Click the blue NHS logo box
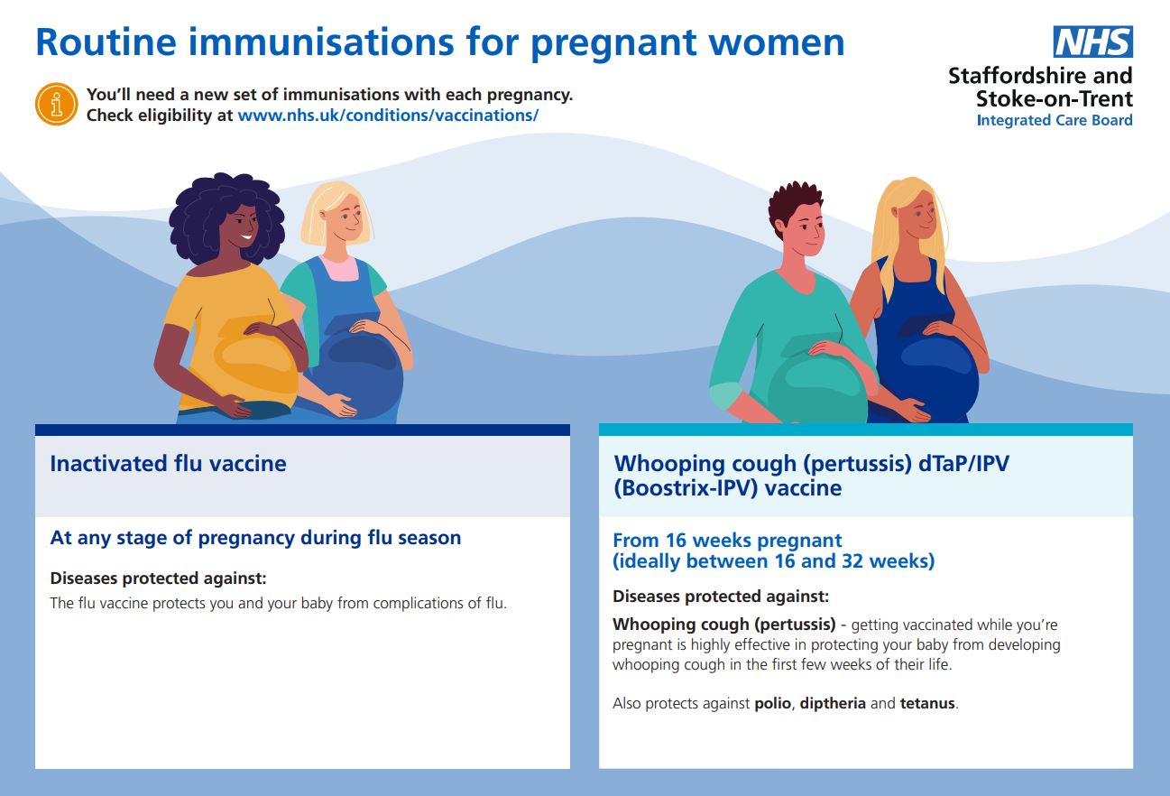[x=1092, y=42]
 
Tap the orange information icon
[x=56, y=104]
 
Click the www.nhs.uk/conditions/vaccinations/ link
[x=388, y=116]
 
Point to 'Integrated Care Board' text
[x=1054, y=120]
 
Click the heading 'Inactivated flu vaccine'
[x=168, y=464]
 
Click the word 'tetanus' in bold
[x=926, y=703]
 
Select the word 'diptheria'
[x=833, y=703]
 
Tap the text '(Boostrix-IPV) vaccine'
[x=727, y=488]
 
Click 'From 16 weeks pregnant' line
[x=727, y=541]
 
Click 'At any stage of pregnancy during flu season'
[x=255, y=538]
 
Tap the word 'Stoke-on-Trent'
[x=1054, y=98]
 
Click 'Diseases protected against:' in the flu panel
[x=158, y=578]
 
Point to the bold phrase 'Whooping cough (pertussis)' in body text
[x=723, y=625]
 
